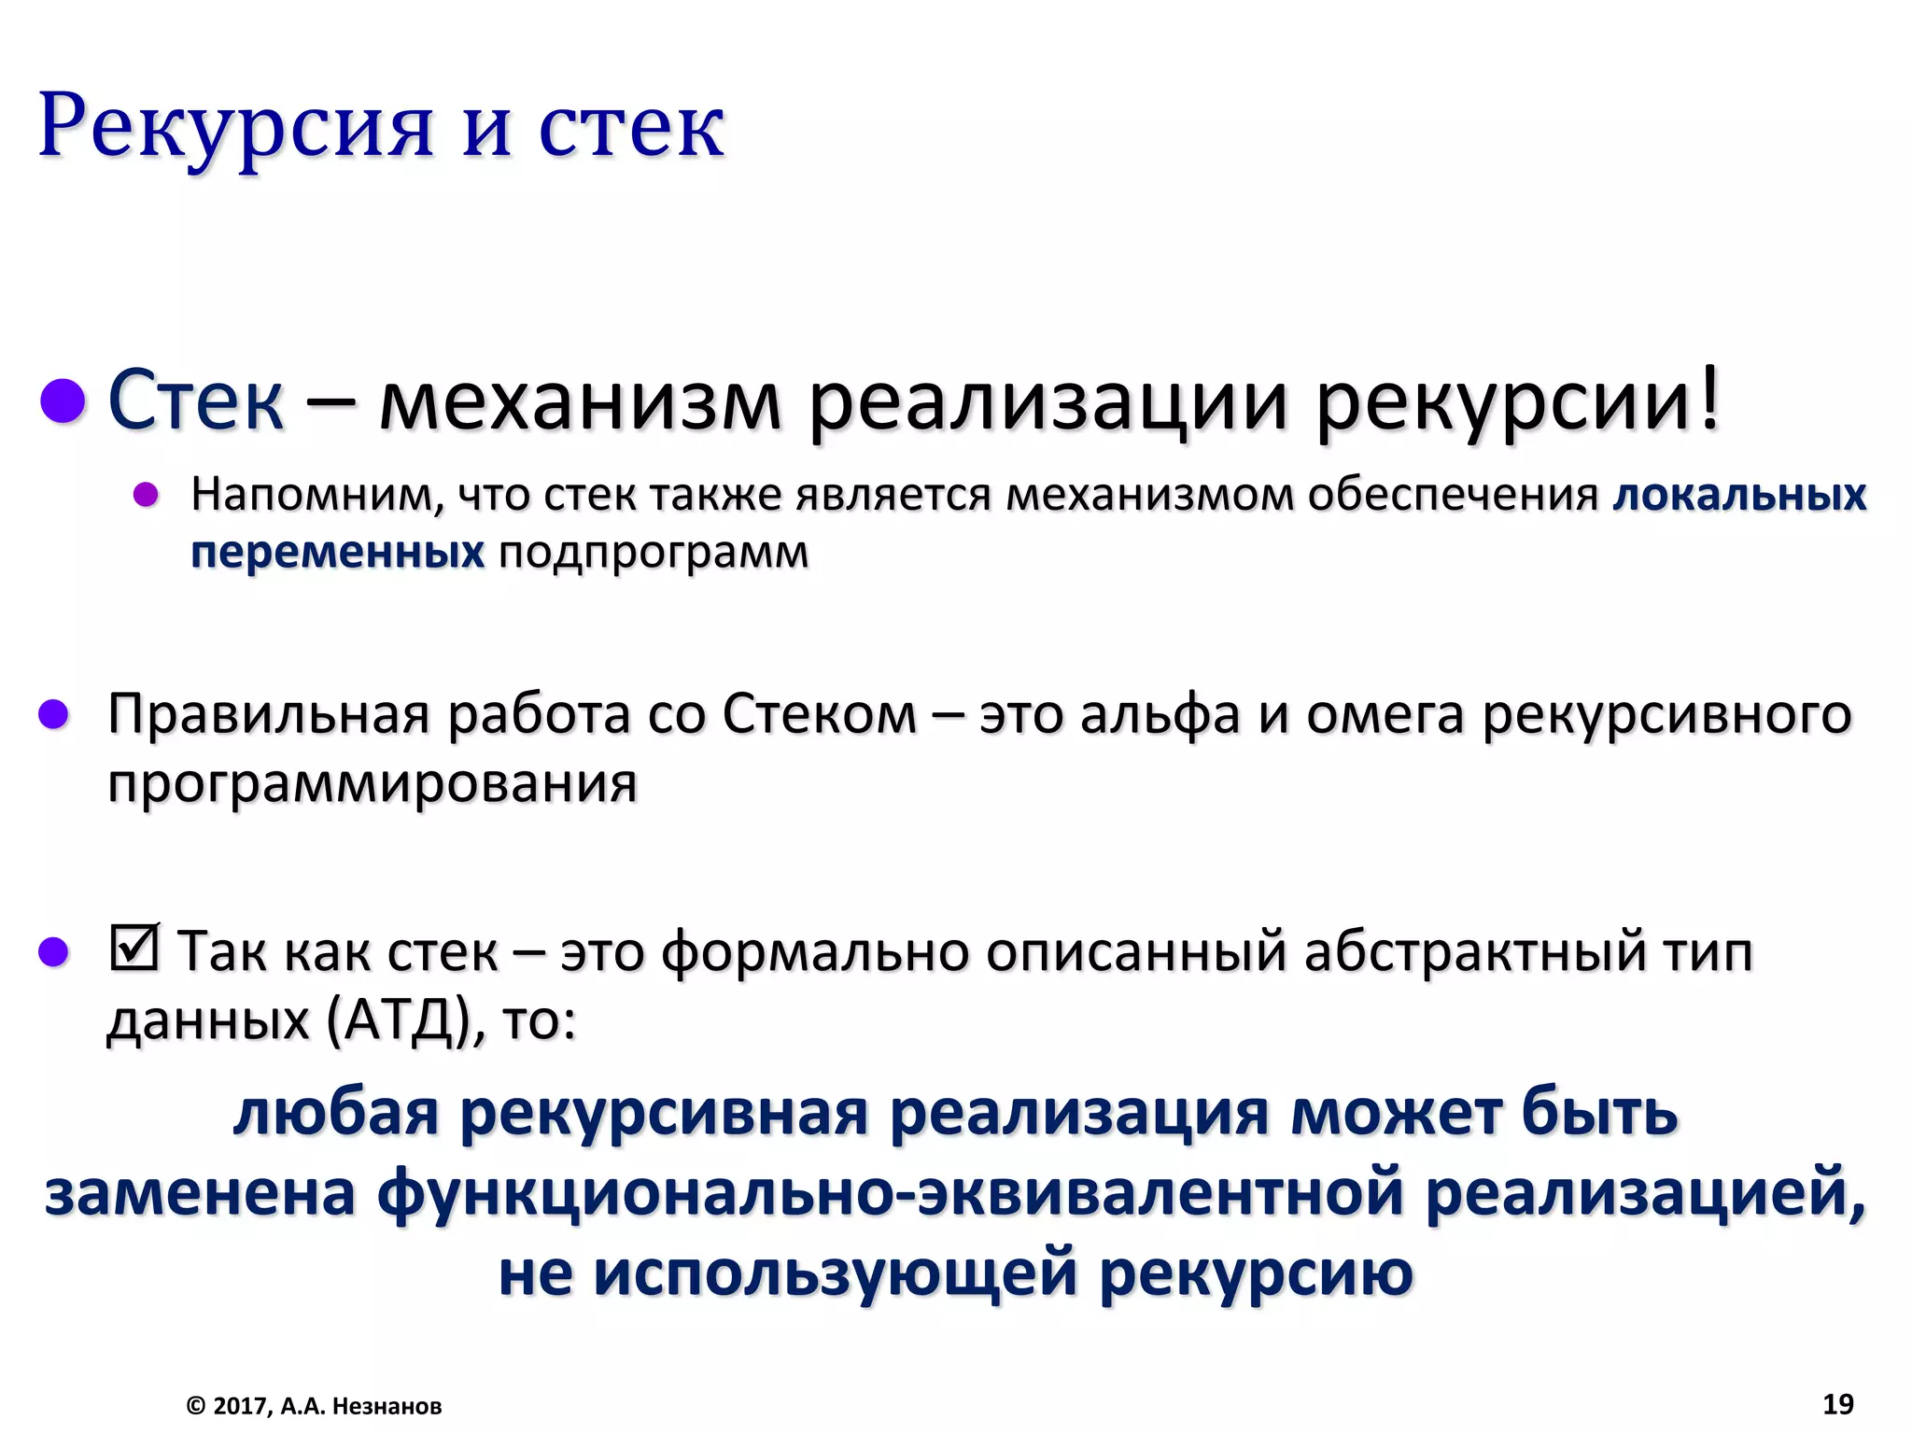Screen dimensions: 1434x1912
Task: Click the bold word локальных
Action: (x=1739, y=495)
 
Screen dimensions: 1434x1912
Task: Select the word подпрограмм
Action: (x=654, y=554)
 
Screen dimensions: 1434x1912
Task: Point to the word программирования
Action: (x=373, y=783)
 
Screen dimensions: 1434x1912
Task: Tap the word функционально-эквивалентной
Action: (x=891, y=1192)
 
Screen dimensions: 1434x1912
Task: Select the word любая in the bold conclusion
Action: (x=336, y=1113)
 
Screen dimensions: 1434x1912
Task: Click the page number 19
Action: (x=1838, y=1404)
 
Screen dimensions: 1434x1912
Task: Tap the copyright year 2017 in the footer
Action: (x=240, y=1406)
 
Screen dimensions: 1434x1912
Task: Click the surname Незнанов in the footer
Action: (x=387, y=1406)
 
